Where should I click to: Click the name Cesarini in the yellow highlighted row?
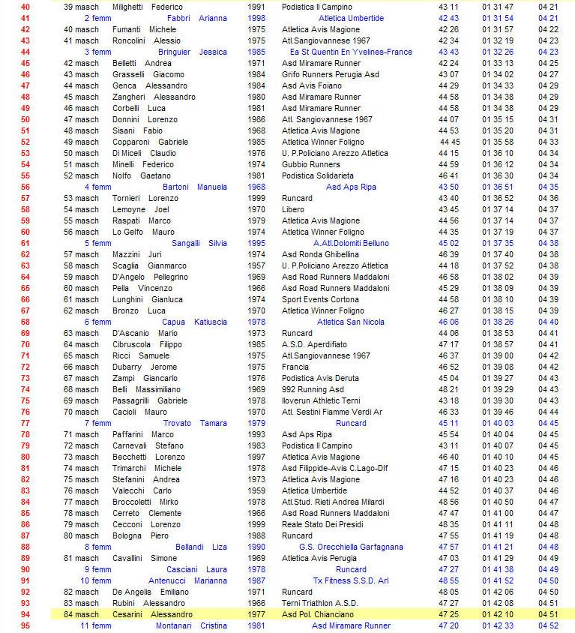[x=129, y=614]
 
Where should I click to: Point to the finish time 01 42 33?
[x=498, y=625]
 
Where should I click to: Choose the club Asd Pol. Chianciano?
[x=318, y=614]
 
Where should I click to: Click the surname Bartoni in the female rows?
[x=176, y=187]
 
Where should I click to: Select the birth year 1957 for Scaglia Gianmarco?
[x=256, y=265]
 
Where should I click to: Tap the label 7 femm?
[x=97, y=423]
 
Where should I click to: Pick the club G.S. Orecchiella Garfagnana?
[x=351, y=547]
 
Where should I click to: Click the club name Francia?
[x=295, y=367]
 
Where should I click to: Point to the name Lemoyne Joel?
[x=141, y=209]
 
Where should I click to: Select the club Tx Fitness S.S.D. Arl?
[x=351, y=580]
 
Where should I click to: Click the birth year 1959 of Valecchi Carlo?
[x=256, y=490]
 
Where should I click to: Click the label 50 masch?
[x=81, y=153]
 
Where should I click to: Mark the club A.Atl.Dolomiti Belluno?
[x=351, y=243]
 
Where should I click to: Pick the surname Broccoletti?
[x=135, y=502]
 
